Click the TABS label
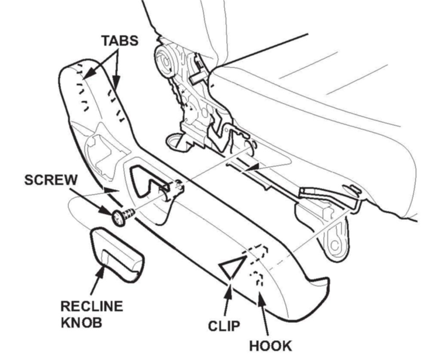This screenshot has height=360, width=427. pos(120,41)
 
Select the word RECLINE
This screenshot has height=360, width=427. pos(91,307)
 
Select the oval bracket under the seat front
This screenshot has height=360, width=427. pos(334,241)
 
